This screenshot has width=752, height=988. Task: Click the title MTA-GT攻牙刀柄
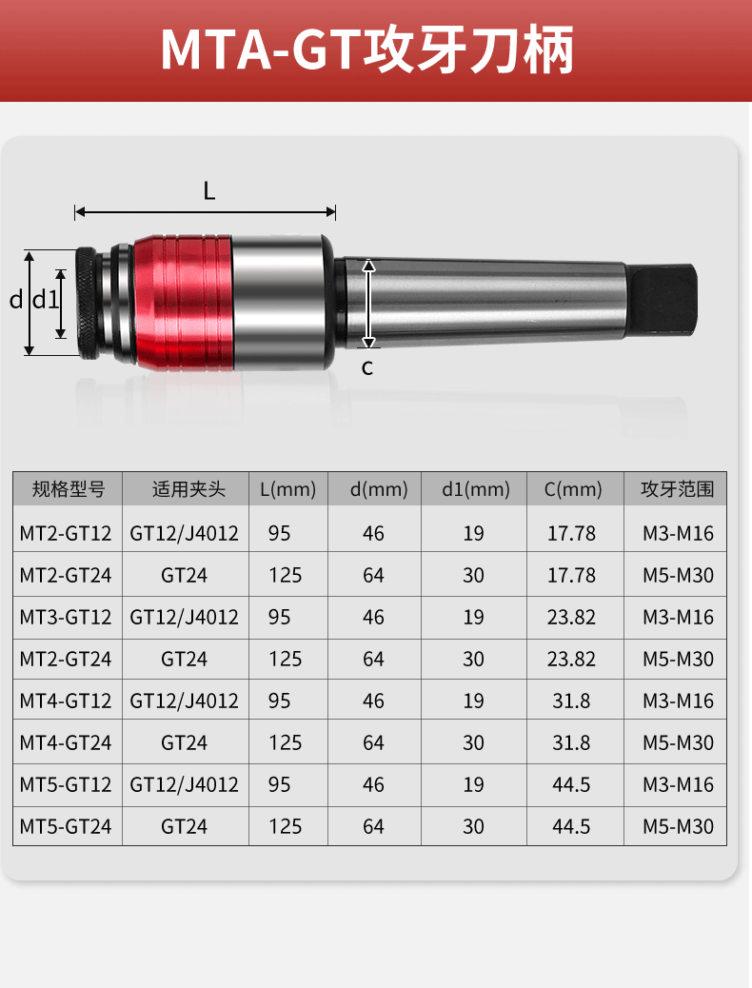pyautogui.click(x=366, y=49)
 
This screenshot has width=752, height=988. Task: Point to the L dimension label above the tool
pyautogui.click(x=209, y=190)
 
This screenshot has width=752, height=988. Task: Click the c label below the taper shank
pyautogui.click(x=367, y=367)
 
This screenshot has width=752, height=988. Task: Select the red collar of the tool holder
pyautogui.click(x=184, y=303)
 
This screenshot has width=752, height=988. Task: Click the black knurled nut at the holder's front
pyautogui.click(x=88, y=303)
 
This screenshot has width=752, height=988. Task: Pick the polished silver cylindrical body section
pyautogui.click(x=283, y=303)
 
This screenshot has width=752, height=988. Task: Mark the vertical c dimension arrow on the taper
pyautogui.click(x=369, y=303)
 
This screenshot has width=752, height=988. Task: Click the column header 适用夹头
pyautogui.click(x=188, y=489)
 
